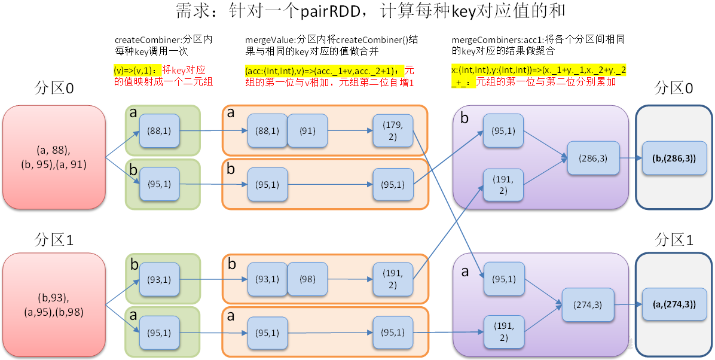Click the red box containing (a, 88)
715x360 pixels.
pos(54,157)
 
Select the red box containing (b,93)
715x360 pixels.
pos(54,304)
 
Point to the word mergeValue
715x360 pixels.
pos(266,39)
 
